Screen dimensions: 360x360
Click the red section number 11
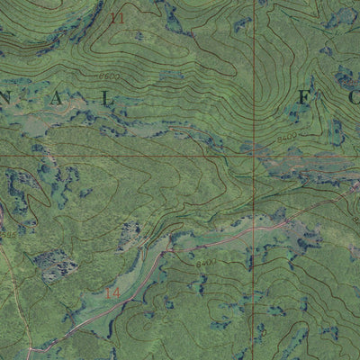[x=115, y=17]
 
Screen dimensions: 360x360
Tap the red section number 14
[x=112, y=293]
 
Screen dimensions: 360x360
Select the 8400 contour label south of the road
[x=206, y=264]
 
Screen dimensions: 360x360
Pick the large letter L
[x=111, y=99]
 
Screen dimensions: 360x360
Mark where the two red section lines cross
[x=254, y=156]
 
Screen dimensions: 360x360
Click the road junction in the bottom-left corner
[x=31, y=347]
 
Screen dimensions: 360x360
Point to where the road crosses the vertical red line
[x=254, y=229]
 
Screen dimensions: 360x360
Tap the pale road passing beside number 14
[x=126, y=297]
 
